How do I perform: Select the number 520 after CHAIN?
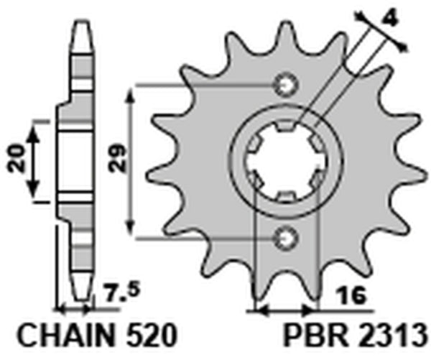[x=149, y=337]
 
